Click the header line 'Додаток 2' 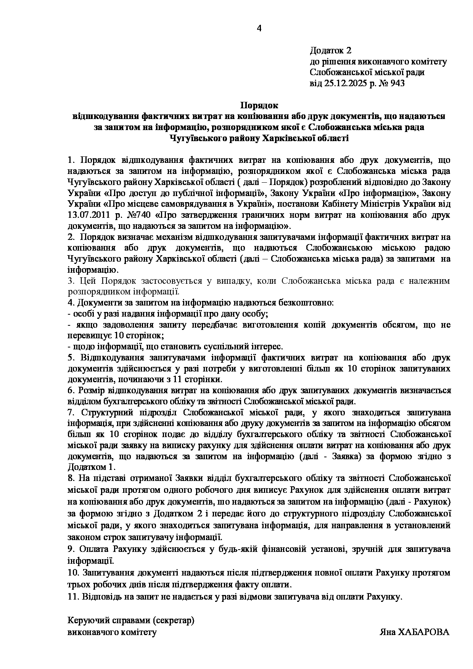(x=330, y=50)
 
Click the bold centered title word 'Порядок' (x=259, y=105)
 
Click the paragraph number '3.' (x=71, y=281)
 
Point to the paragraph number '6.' (x=71, y=391)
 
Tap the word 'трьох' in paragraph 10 (x=78, y=584)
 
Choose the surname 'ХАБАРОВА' (x=424, y=632)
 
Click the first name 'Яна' (x=387, y=632)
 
